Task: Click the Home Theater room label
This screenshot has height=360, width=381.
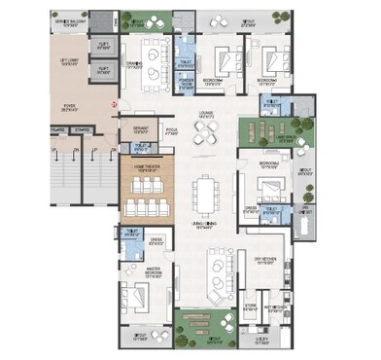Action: click(146, 167)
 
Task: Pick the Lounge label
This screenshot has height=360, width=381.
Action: click(206, 114)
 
